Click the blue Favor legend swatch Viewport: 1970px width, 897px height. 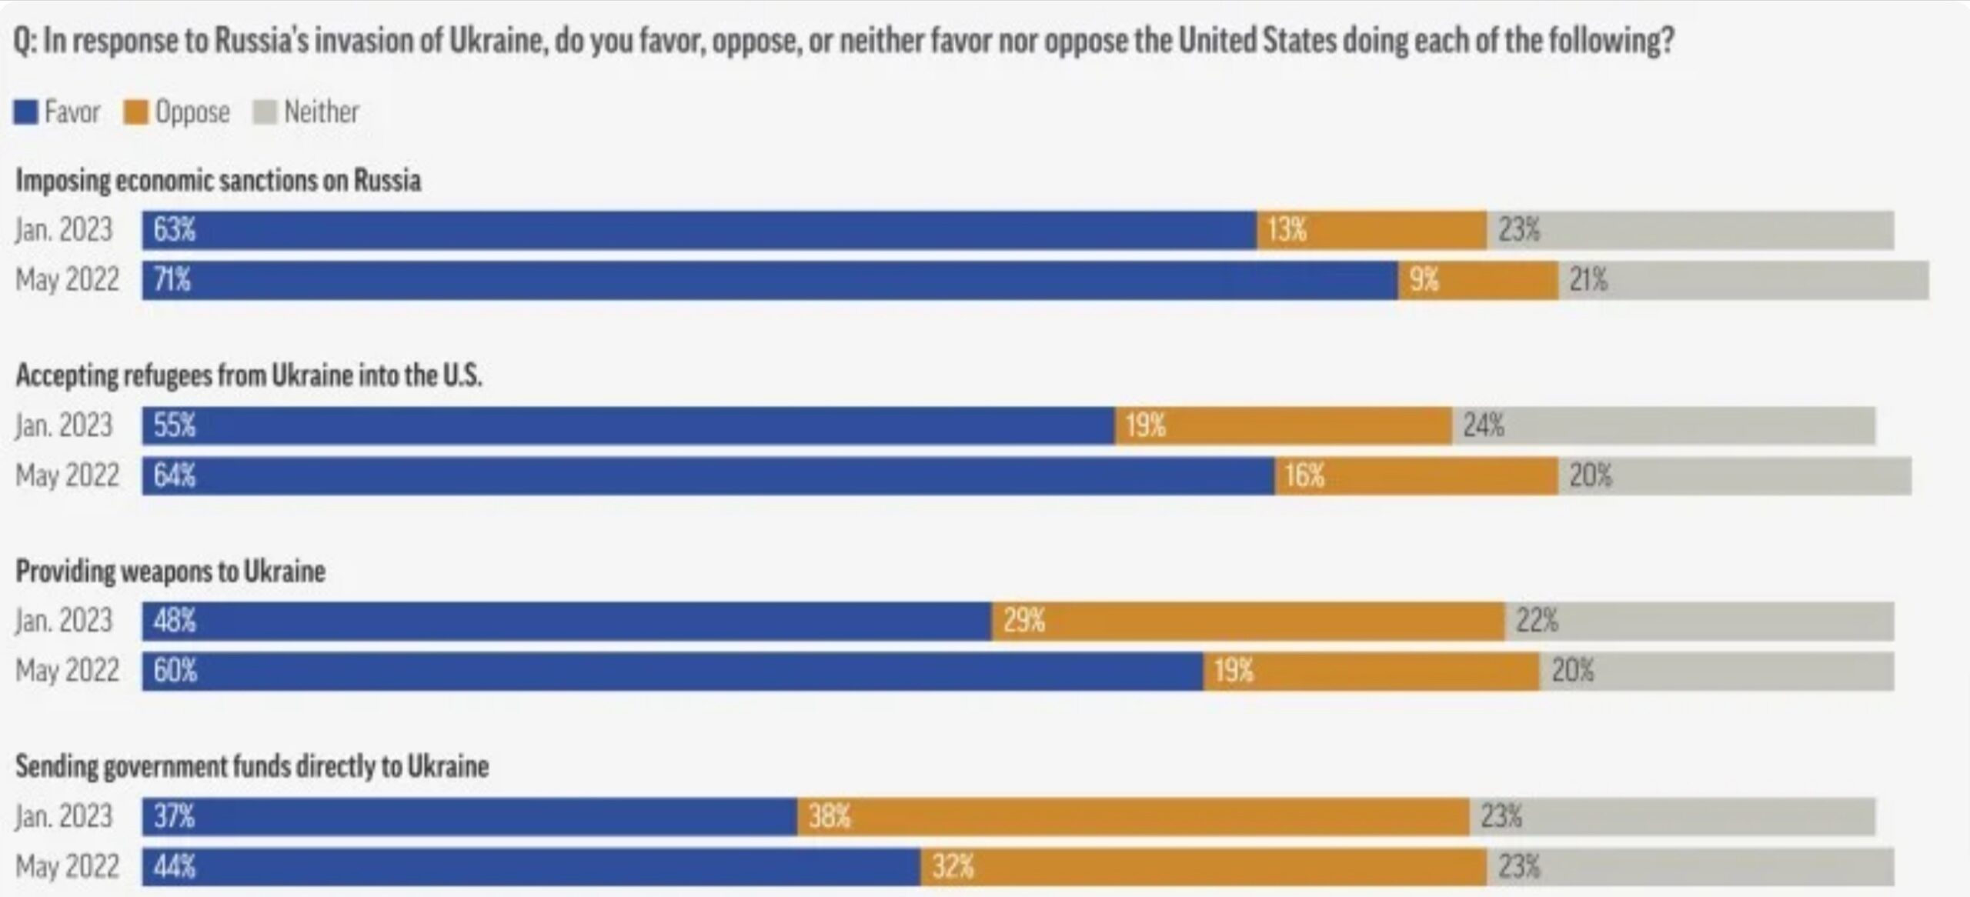[x=25, y=112]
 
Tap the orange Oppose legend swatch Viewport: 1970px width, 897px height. [x=135, y=112]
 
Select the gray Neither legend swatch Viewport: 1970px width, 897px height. [x=264, y=112]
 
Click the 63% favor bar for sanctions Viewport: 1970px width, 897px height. [x=699, y=230]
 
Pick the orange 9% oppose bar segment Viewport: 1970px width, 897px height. [x=1477, y=280]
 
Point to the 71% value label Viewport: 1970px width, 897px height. [x=172, y=280]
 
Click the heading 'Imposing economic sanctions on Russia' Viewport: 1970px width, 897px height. [x=219, y=181]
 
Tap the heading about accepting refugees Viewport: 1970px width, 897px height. [x=249, y=375]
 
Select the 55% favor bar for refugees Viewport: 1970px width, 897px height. [x=628, y=425]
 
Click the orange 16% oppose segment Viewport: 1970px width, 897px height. [x=1416, y=475]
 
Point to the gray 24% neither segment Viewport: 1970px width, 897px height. [x=1664, y=425]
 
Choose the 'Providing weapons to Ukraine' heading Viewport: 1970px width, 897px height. [x=171, y=571]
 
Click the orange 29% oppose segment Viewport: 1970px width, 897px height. [x=1248, y=621]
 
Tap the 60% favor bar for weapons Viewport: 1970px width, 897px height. [x=673, y=671]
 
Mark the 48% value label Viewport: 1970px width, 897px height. [x=175, y=621]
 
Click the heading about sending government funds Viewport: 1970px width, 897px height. [x=252, y=766]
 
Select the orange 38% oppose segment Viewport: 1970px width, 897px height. [x=1133, y=816]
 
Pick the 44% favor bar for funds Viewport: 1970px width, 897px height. [x=531, y=867]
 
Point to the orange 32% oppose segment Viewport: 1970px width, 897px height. [x=1204, y=867]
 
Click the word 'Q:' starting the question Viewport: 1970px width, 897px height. [x=25, y=41]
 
